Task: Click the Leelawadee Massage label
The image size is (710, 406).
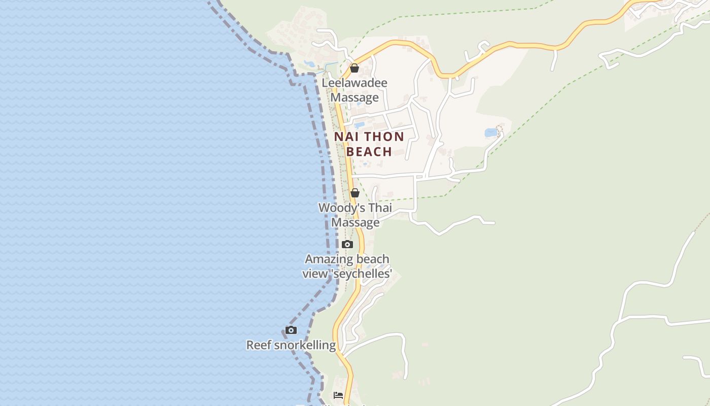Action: pos(354,90)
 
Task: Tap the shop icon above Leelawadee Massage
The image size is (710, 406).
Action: pos(354,68)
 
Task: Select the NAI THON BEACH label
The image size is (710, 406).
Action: pos(369,144)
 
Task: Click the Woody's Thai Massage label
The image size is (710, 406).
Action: pos(355,215)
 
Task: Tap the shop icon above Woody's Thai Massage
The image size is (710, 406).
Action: pos(355,193)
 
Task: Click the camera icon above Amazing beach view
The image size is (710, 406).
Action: pos(347,245)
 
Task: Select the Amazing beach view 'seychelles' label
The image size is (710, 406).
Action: pos(347,266)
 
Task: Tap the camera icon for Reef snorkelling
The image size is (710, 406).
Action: pos(291,330)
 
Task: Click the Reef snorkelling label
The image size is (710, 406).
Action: pos(291,346)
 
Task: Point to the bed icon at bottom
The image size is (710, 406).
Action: pos(338,395)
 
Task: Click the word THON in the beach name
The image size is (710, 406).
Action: pos(384,137)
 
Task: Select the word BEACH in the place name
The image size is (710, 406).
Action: pos(369,152)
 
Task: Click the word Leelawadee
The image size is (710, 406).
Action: pos(354,83)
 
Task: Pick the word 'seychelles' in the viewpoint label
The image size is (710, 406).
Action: pos(362,274)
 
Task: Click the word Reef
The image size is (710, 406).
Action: pos(258,346)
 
